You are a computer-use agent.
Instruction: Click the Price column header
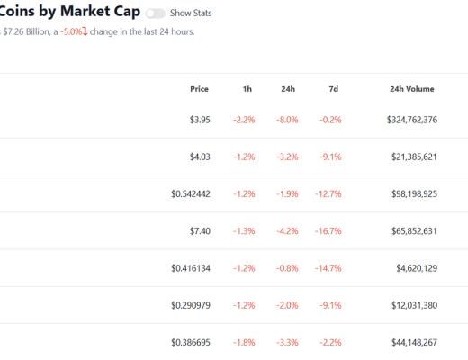[199, 89]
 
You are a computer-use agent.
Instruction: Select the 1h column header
[247, 89]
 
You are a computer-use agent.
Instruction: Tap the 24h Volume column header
[412, 89]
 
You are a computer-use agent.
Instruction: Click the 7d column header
[333, 89]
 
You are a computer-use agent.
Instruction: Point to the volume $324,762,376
[400, 120]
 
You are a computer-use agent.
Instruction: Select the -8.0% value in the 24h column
[289, 120]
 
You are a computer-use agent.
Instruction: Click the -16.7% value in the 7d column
[329, 231]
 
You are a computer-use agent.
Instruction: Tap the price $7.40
[199, 231]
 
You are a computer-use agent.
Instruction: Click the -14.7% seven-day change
[329, 268]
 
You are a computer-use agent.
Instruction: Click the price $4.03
[199, 157]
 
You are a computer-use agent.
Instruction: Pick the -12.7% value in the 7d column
[329, 193]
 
